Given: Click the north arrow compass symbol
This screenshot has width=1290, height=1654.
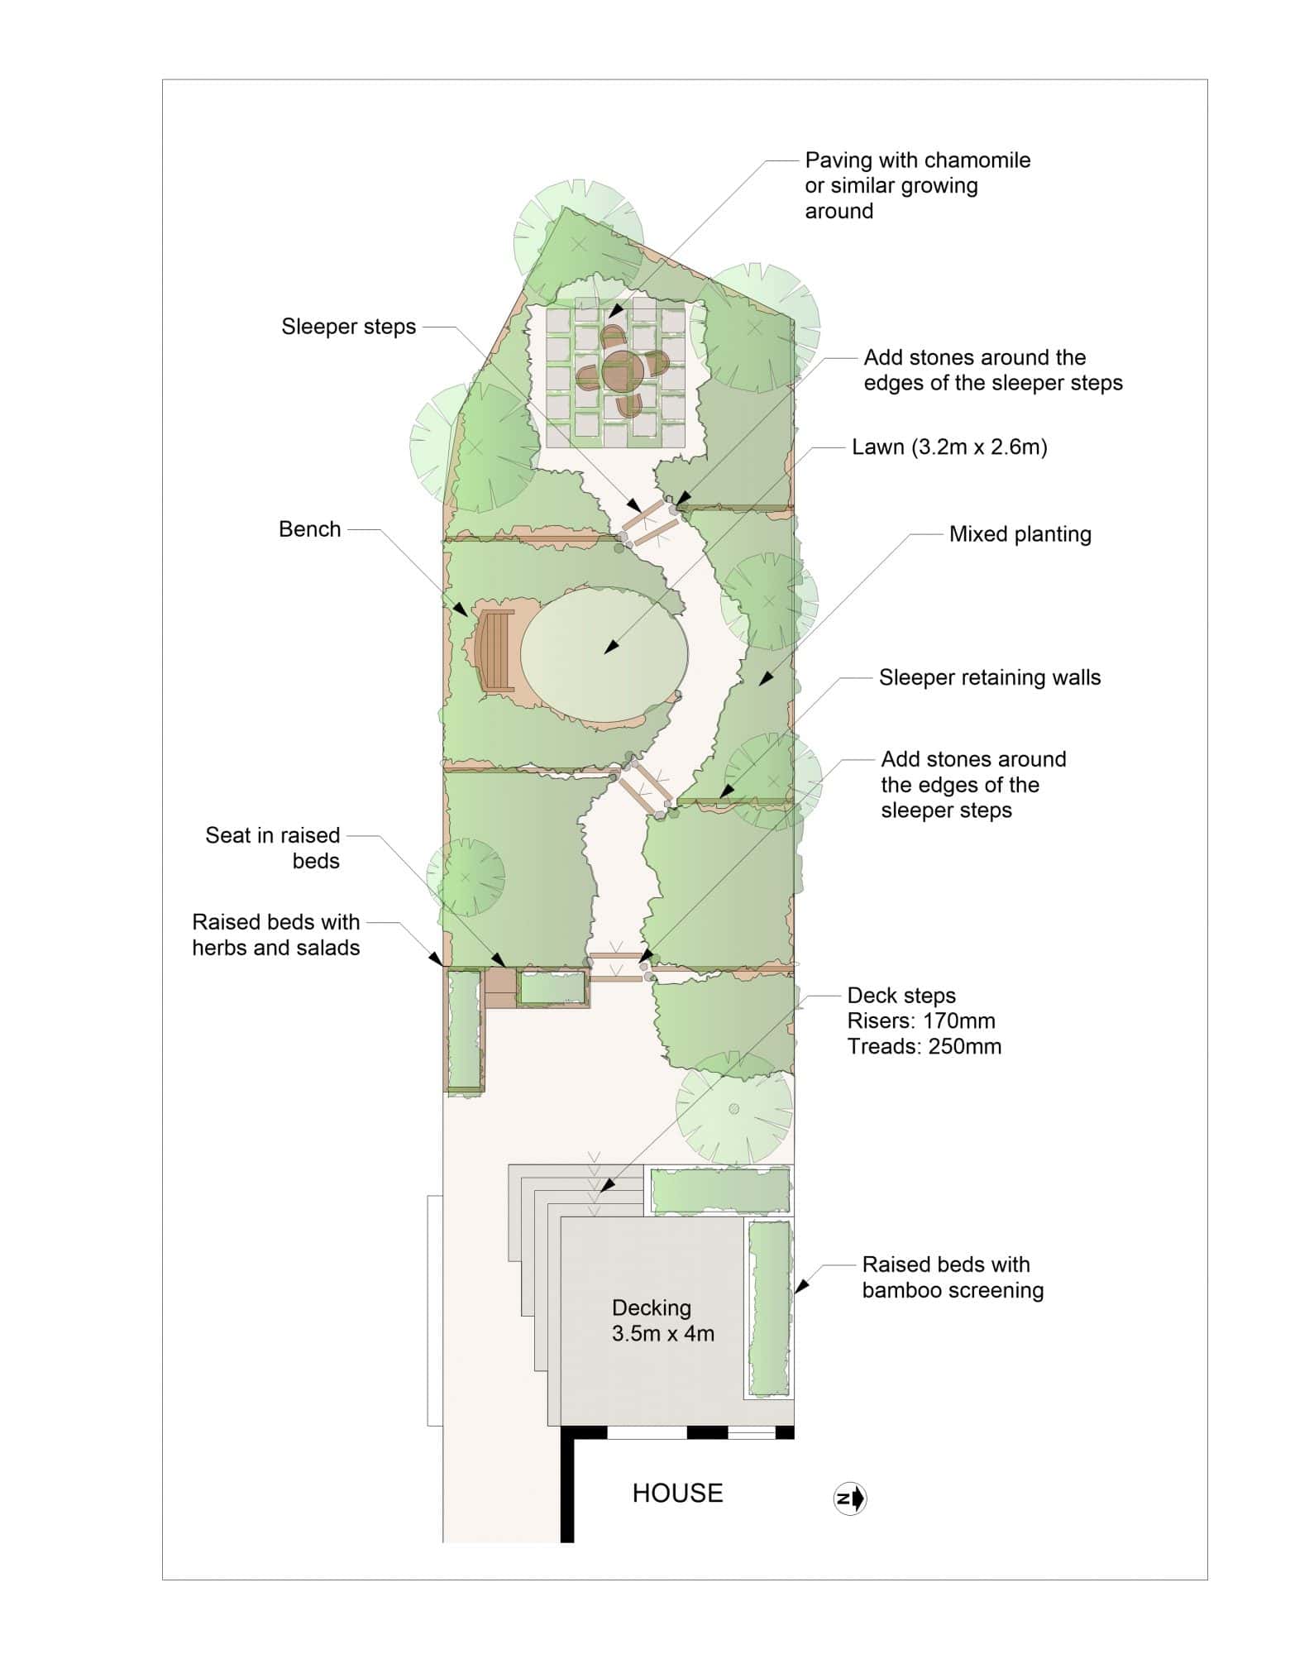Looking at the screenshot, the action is coord(850,1498).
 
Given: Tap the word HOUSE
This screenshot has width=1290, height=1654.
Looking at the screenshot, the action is coord(678,1493).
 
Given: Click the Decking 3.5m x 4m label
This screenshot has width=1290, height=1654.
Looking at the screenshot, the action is coord(663,1320).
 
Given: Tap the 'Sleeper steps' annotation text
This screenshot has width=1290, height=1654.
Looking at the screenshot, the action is coord(348,327).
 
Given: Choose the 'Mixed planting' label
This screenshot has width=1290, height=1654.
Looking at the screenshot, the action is coord(1020,534).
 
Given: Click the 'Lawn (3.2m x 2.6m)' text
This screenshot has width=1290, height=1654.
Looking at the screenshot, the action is coord(950,447).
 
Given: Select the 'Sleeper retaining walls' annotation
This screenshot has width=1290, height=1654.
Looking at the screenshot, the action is coord(990,677).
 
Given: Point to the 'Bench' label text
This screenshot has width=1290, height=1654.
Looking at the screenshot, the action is coord(310,529).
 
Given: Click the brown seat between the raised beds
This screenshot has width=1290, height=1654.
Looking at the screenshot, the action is coord(500,987).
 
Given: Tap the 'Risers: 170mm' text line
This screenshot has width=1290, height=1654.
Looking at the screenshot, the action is coord(921,1021).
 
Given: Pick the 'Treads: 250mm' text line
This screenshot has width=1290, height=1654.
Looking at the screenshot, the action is coord(924,1046).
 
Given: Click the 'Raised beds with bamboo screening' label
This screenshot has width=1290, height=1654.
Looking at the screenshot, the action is coord(953,1277).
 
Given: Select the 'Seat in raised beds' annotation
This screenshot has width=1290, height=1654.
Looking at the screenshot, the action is coord(273,848).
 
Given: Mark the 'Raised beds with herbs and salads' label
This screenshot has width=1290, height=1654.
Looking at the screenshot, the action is coord(276,935).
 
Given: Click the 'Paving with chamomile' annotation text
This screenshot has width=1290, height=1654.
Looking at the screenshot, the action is coord(918,160).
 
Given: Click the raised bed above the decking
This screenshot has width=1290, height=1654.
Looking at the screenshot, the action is coord(719,1191).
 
